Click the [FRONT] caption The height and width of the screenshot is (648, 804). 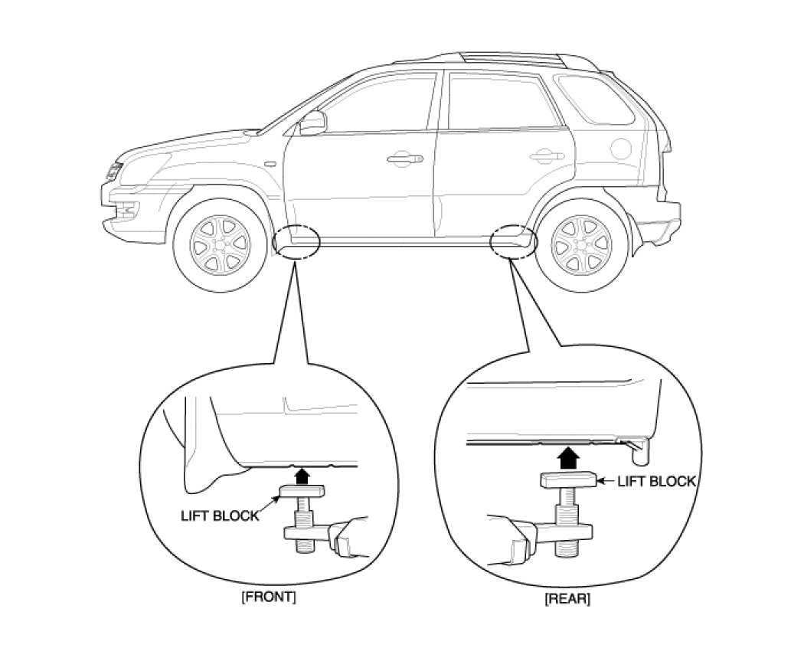(x=268, y=597)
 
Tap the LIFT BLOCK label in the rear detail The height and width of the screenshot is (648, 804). (x=656, y=481)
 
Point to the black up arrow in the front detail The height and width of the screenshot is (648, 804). (x=303, y=476)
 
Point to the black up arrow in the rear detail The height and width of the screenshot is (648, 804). (x=567, y=458)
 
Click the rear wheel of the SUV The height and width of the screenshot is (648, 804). (x=582, y=244)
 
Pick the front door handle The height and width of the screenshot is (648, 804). (x=404, y=159)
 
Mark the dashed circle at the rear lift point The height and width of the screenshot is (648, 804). (x=514, y=241)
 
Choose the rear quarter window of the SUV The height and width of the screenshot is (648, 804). (x=596, y=100)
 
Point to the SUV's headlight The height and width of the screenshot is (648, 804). (x=114, y=170)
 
